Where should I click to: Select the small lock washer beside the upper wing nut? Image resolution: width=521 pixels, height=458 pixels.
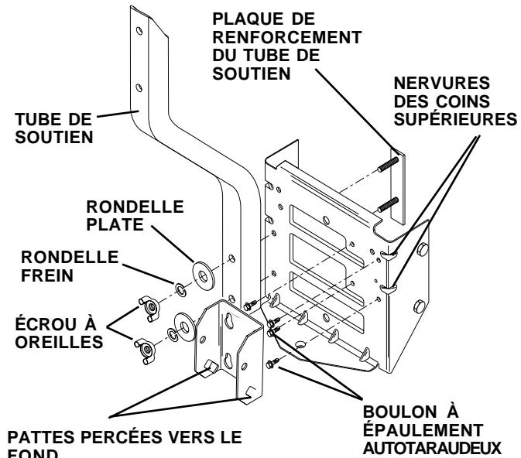(x=178, y=291)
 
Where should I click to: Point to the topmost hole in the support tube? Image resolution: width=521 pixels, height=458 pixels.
(x=139, y=32)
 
